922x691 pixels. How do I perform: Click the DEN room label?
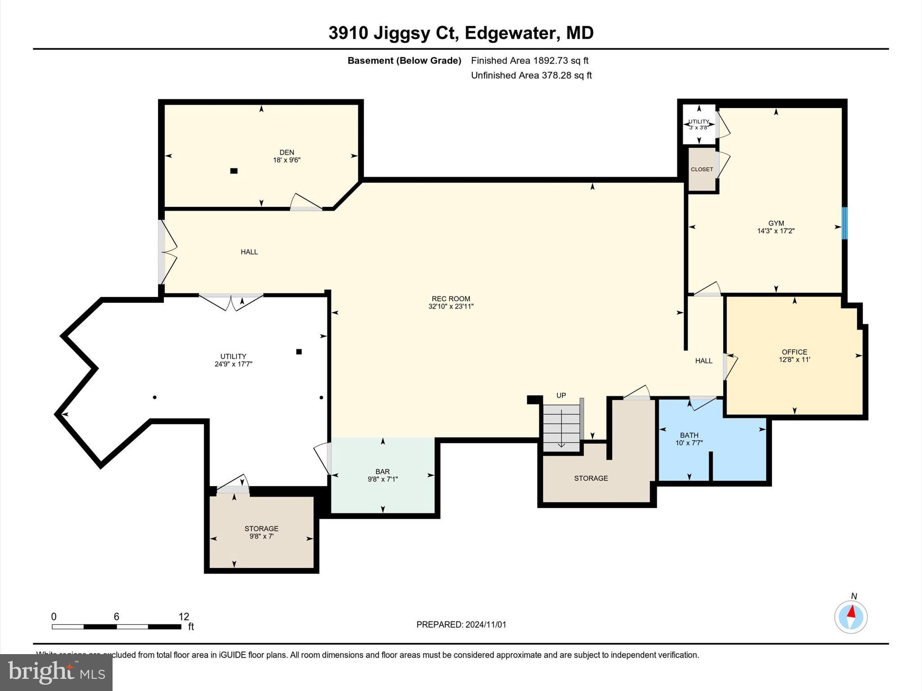287,153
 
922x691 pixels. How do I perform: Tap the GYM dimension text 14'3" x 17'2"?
776,231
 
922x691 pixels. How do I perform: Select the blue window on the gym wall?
845,223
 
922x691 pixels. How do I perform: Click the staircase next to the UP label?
561,427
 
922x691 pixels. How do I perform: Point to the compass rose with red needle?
850,617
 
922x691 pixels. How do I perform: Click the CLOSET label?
702,170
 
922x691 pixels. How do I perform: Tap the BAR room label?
382,471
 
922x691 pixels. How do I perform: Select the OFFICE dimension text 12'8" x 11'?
794,359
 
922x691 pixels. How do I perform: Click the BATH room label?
689,435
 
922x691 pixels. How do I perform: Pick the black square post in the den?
234,171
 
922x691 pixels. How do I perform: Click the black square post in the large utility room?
299,352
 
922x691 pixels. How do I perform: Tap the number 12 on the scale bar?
183,617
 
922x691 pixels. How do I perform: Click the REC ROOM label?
451,299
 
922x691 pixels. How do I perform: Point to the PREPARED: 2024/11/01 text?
461,624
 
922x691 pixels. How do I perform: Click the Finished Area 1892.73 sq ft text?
529,61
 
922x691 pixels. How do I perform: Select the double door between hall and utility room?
231,301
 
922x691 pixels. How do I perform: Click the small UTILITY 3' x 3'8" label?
698,125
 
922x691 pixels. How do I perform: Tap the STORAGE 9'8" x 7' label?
261,532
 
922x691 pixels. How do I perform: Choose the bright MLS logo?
56,672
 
